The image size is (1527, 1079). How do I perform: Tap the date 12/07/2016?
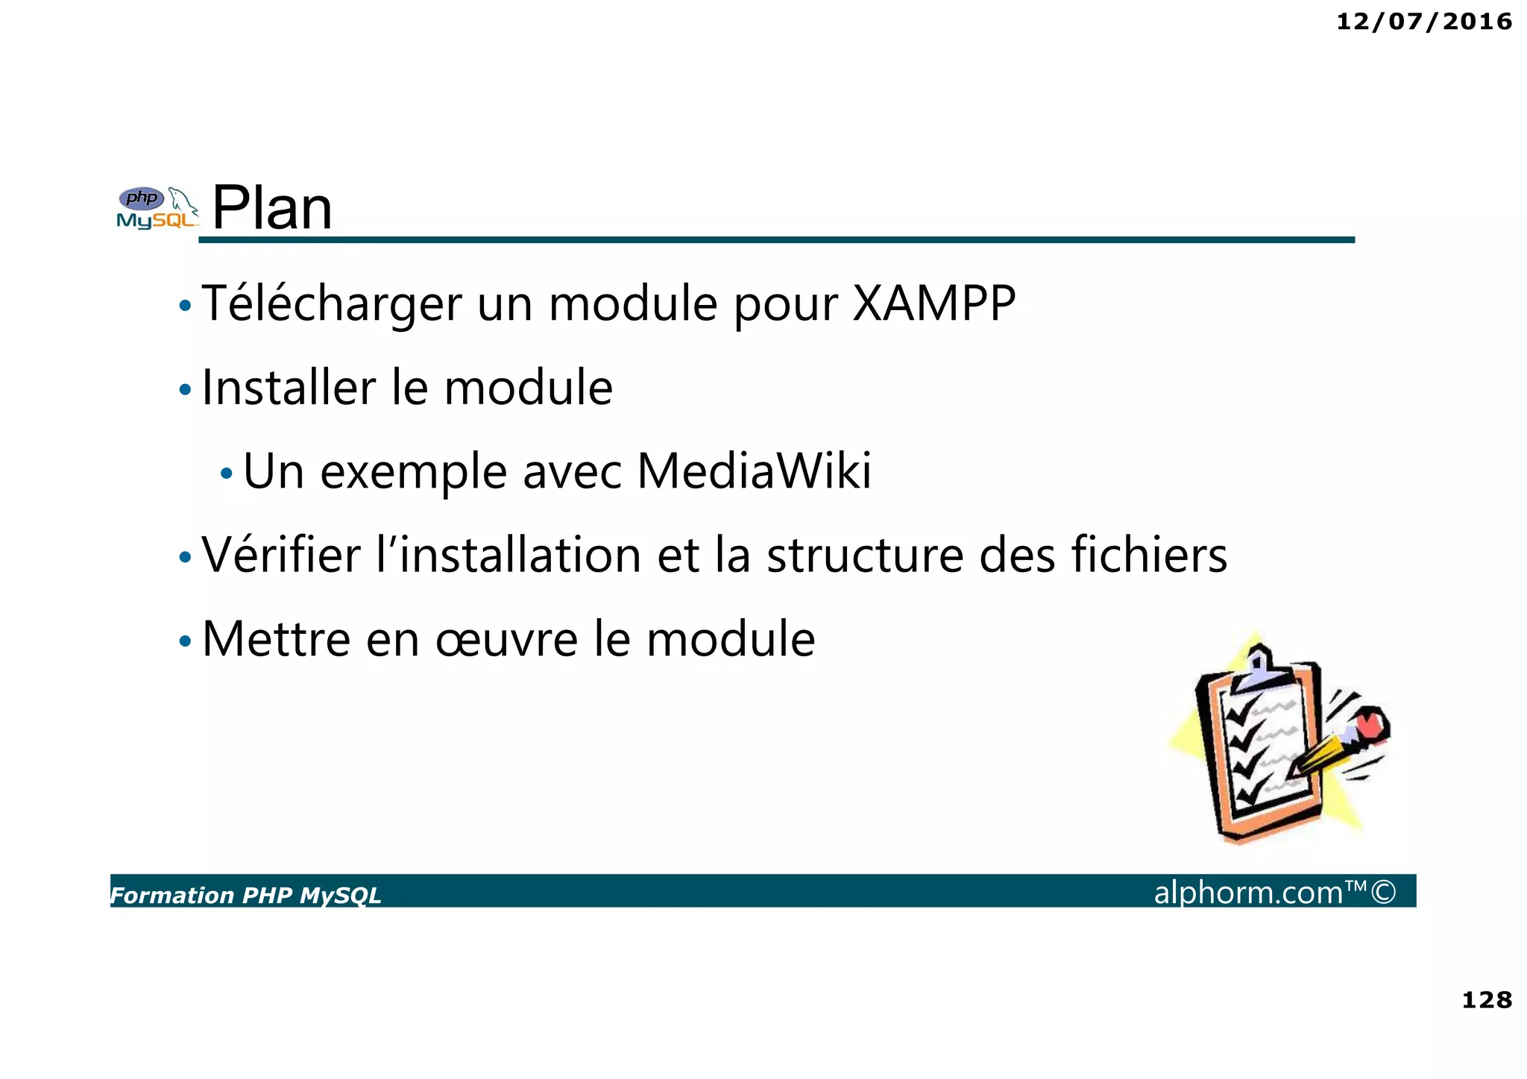tap(1423, 22)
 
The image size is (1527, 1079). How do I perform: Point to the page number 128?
tap(1486, 999)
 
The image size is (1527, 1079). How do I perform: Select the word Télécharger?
tap(332, 304)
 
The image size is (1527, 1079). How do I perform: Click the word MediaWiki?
tap(754, 471)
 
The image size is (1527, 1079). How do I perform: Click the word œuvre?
tap(506, 640)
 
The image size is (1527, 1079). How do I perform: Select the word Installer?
tap(289, 388)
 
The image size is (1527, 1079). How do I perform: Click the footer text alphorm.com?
tap(1248, 893)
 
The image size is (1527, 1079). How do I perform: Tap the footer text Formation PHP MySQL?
tap(246, 895)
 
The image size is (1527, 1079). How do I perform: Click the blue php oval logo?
tap(142, 198)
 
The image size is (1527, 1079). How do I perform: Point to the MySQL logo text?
tap(156, 221)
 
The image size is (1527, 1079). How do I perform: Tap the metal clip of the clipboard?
tap(1258, 666)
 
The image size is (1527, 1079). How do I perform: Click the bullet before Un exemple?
tap(227, 474)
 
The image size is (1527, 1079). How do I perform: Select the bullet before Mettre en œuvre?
tap(185, 641)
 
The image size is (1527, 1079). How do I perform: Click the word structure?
tap(865, 555)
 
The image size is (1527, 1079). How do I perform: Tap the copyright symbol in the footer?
tap(1383, 892)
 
